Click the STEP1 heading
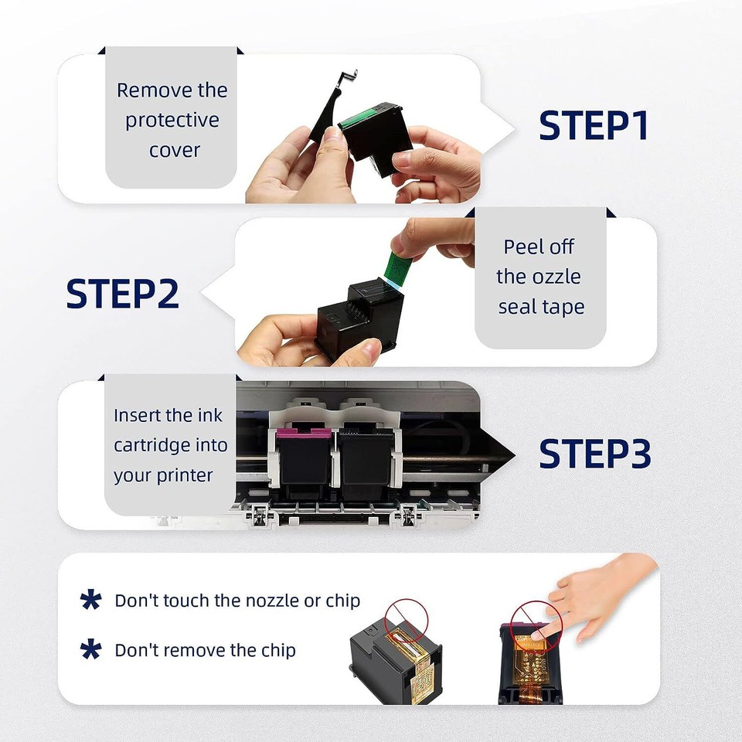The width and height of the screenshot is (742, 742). pos(594,126)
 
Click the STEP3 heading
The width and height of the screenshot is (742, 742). pos(594,454)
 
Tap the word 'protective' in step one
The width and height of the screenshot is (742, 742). pos(172,121)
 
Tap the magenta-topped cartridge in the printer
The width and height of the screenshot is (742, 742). pos(304,456)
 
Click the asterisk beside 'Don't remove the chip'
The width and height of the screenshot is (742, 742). pos(91,650)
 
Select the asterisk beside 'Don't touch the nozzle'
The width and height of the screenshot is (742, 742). pos(91,601)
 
